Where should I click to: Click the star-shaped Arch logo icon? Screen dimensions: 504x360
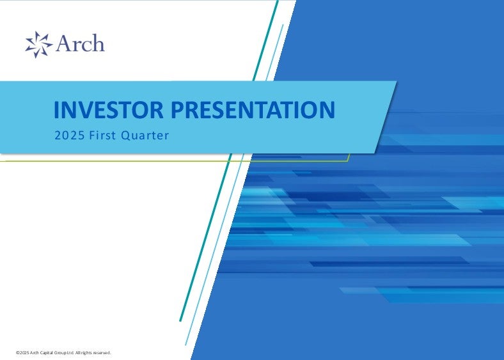pyautogui.click(x=38, y=44)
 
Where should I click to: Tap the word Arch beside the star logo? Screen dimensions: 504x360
pyautogui.click(x=80, y=43)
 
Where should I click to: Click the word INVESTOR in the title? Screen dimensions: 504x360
pyautogui.click(x=109, y=109)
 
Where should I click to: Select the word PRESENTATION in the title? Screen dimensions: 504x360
pyautogui.click(x=253, y=109)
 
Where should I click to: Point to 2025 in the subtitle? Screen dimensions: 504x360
pyautogui.click(x=70, y=136)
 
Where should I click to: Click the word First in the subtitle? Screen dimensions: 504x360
pyautogui.click(x=102, y=136)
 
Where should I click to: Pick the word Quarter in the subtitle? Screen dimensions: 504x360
pyautogui.click(x=145, y=136)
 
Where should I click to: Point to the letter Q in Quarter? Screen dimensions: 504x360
pyautogui.click(x=125, y=136)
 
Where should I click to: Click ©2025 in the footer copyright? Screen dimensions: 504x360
pyautogui.click(x=22, y=352)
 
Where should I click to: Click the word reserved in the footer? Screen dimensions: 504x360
pyautogui.click(x=102, y=352)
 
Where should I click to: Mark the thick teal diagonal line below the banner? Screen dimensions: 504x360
pyautogui.click(x=206, y=237)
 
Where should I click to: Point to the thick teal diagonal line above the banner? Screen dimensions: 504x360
pyautogui.click(x=265, y=40)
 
